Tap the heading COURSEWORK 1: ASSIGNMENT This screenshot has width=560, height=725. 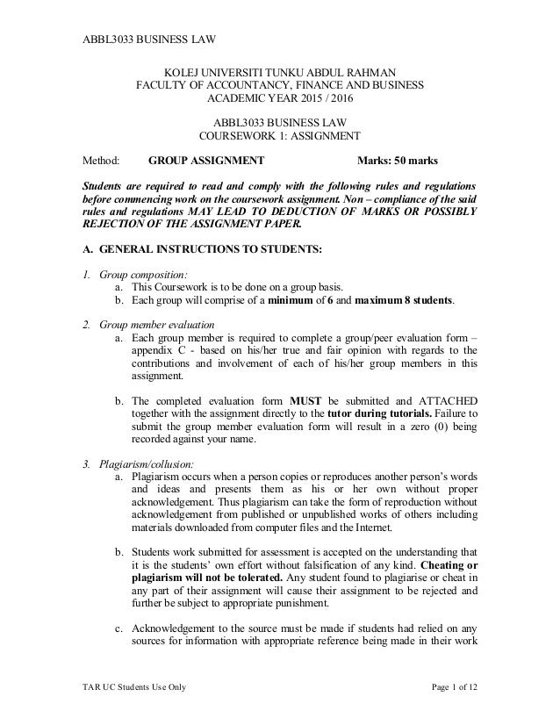[x=280, y=137]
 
